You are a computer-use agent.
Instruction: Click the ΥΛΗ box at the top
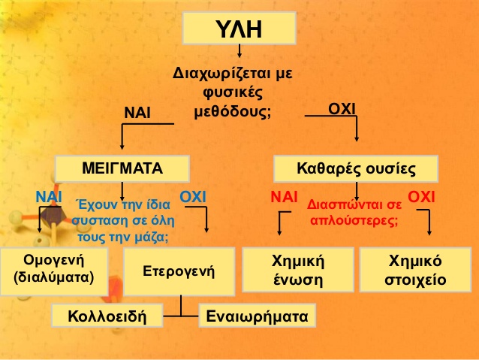(239, 28)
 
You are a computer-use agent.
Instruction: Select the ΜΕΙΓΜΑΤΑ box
(122, 168)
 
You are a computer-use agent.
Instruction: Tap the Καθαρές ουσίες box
(356, 169)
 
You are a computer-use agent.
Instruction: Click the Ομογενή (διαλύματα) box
(54, 271)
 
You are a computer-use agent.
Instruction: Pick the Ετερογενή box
(179, 271)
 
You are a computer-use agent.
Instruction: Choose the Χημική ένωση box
(298, 270)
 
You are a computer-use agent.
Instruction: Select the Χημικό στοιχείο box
(415, 270)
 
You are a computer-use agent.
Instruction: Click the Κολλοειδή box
(107, 316)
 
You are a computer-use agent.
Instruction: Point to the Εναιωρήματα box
(258, 316)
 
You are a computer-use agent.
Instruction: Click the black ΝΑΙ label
(137, 113)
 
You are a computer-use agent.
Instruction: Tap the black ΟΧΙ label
(342, 109)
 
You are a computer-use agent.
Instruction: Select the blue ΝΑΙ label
(49, 197)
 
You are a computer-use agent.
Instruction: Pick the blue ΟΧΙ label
(193, 197)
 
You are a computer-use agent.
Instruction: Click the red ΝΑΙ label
(284, 197)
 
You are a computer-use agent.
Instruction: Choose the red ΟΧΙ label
(421, 197)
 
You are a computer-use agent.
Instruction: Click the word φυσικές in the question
(233, 92)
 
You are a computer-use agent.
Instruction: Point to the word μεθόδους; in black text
(233, 112)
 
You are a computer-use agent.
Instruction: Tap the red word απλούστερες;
(354, 220)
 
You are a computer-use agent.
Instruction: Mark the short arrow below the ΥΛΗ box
(239, 51)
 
